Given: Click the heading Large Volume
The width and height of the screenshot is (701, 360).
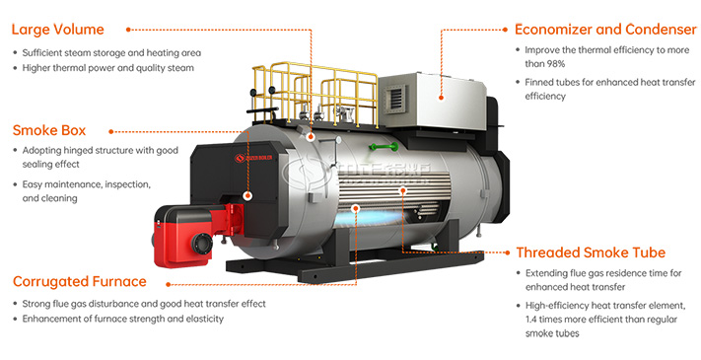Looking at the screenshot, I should pos(57,30).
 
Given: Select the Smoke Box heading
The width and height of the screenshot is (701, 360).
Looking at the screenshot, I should pos(49,129).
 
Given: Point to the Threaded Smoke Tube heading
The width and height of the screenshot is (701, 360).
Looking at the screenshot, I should pos(591,252).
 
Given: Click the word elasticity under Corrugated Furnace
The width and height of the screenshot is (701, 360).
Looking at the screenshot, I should pos(201,320).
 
